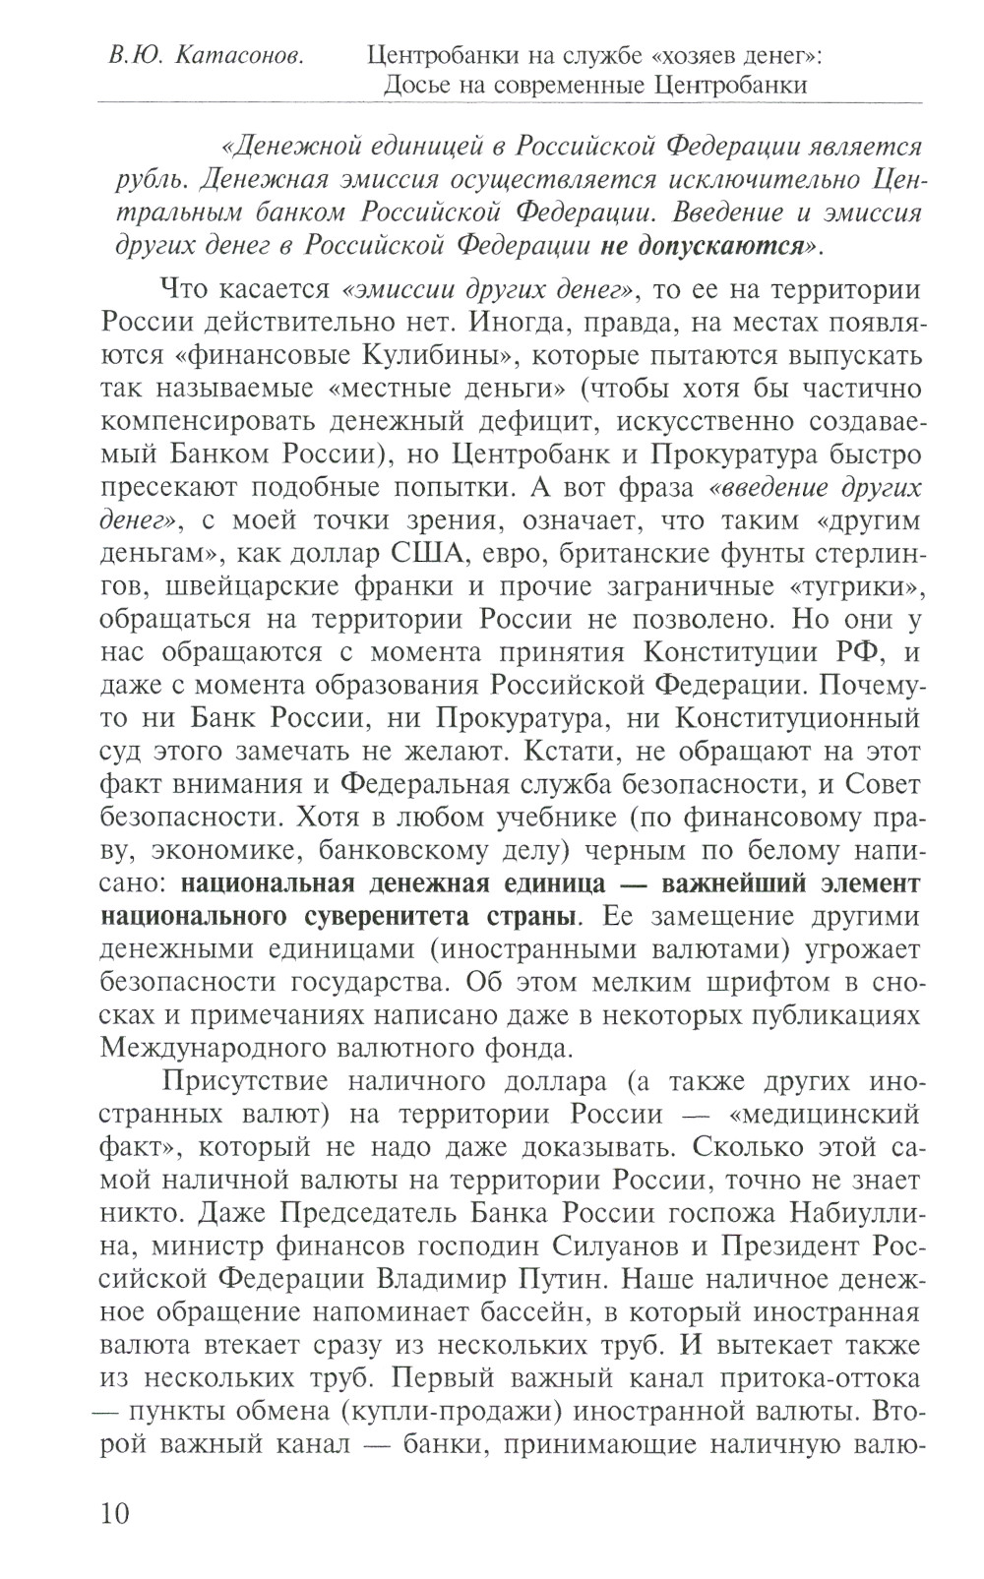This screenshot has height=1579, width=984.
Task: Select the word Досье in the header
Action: click(x=418, y=85)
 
